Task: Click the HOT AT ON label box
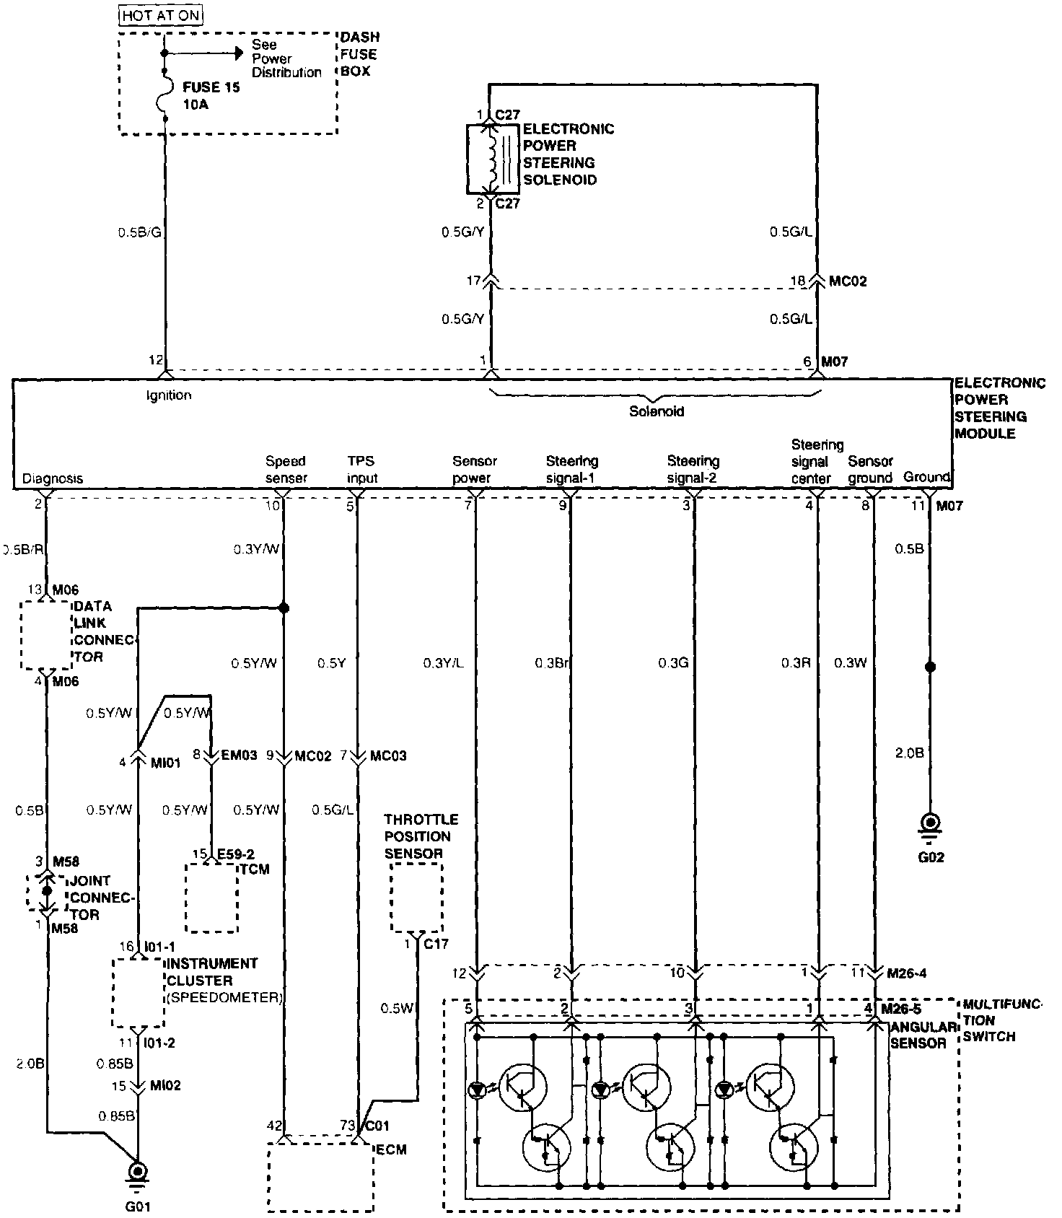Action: [x=161, y=14]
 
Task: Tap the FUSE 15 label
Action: [x=211, y=87]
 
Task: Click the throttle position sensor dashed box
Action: [x=416, y=898]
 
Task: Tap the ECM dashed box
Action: [x=322, y=1177]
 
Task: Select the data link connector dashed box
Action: [x=46, y=634]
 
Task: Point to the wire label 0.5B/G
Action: [x=139, y=233]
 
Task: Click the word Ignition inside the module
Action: [x=169, y=395]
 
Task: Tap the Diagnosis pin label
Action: [x=53, y=478]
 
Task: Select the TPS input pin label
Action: [x=362, y=470]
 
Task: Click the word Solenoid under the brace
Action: [x=657, y=412]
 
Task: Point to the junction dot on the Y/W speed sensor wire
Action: [x=284, y=608]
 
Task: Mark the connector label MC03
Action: [x=388, y=756]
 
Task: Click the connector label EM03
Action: [x=238, y=756]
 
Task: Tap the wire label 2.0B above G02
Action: [x=909, y=753]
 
